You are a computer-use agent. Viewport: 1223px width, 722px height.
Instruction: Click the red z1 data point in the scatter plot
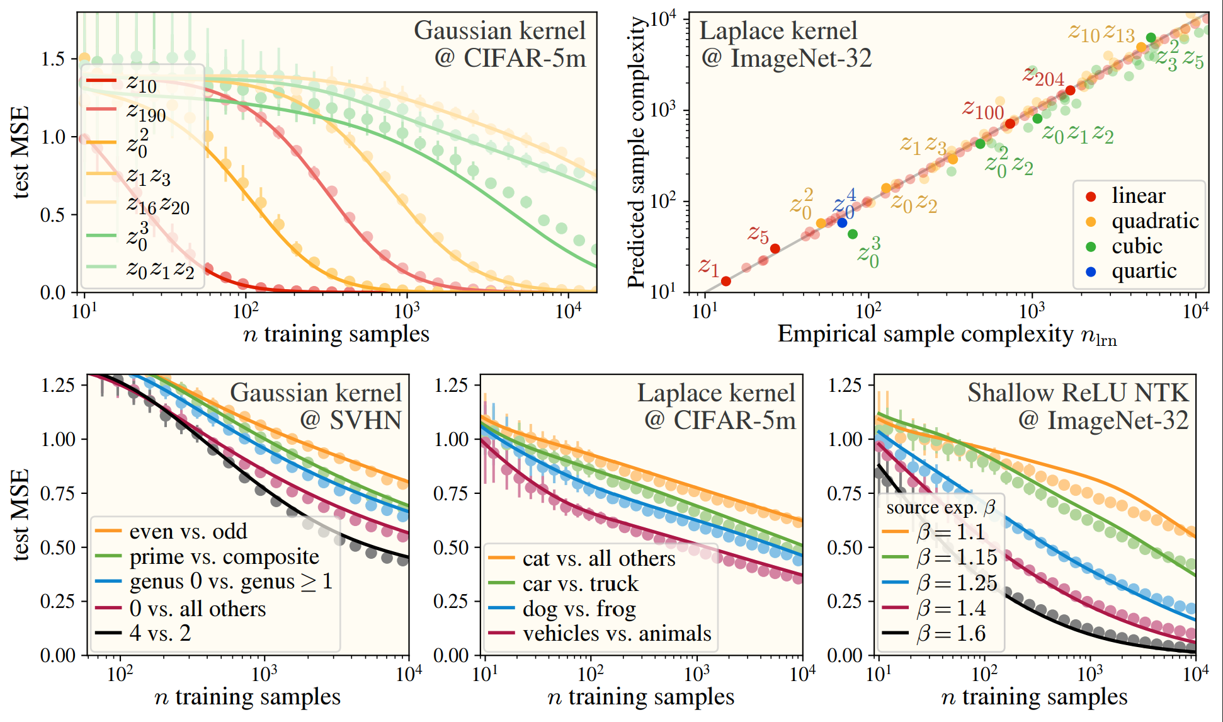tap(725, 281)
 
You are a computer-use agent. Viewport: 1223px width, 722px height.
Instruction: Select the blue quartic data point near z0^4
tap(842, 222)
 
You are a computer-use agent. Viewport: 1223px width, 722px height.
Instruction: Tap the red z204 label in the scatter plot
tap(1043, 77)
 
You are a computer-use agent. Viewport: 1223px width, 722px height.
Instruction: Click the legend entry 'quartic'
tap(1144, 271)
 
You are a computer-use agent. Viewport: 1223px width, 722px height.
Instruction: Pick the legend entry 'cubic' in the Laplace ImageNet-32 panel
tap(1136, 246)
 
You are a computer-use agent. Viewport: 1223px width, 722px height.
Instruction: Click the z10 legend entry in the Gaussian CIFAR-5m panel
tap(141, 83)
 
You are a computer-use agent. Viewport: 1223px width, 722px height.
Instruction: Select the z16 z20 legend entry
tap(157, 204)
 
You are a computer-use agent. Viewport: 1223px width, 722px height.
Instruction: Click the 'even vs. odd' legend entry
tap(188, 532)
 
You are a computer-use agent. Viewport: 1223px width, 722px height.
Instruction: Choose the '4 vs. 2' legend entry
tap(160, 633)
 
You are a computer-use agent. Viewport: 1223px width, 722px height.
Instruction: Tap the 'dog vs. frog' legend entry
tap(579, 609)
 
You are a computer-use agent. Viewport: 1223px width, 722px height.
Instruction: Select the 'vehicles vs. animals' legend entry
tap(617, 634)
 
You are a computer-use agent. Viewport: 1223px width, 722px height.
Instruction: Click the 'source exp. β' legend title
tap(940, 508)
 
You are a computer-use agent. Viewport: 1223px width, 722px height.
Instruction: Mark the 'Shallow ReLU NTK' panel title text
tap(1078, 393)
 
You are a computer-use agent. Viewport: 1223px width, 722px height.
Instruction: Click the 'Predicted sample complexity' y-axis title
tap(637, 151)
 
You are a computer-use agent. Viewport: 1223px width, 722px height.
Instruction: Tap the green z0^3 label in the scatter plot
tap(869, 253)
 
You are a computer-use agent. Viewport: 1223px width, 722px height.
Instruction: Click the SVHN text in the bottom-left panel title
tap(365, 420)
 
